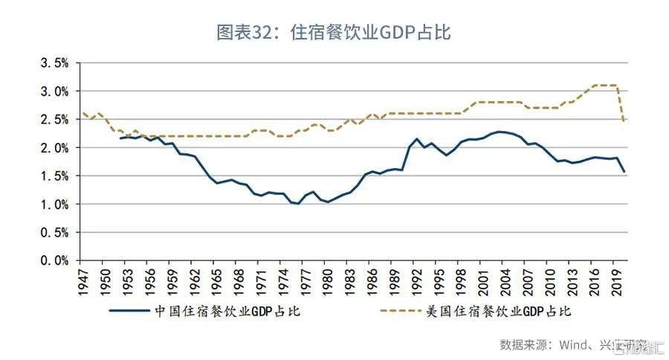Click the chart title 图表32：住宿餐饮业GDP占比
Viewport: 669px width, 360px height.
334,32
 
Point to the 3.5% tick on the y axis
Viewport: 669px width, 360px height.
52,63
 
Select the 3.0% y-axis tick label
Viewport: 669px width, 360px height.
52,91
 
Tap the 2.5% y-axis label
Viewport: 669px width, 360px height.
52,120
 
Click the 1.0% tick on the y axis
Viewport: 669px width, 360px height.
52,205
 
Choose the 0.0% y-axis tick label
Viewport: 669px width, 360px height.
52,261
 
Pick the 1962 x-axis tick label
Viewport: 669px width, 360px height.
194,283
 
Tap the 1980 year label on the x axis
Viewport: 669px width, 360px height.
328,283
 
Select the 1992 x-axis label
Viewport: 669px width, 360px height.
417,283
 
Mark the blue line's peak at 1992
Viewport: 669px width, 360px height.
417,139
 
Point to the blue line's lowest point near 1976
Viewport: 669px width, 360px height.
298,203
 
